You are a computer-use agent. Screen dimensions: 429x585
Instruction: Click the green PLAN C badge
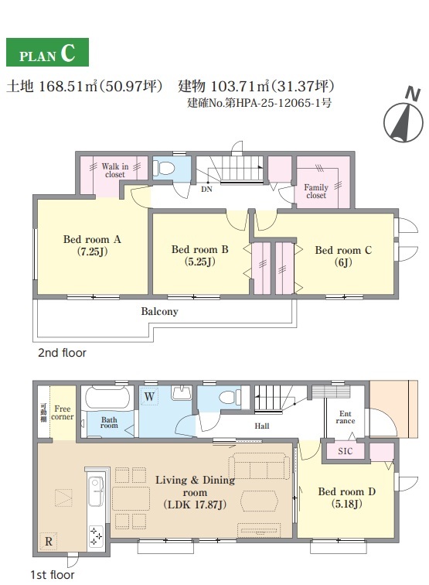pos(47,53)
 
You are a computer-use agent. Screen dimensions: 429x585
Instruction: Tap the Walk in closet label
pos(115,170)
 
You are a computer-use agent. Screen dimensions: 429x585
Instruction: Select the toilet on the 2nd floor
pos(164,167)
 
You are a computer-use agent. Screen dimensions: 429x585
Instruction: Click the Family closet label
pos(316,191)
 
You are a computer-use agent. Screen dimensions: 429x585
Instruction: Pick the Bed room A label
pos(92,245)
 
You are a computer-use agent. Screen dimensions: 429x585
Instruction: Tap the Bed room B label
pos(199,255)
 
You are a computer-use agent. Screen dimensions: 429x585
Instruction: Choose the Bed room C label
pos(343,256)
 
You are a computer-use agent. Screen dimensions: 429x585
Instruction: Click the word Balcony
pos(159,312)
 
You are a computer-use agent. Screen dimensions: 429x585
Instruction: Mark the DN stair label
pos(206,189)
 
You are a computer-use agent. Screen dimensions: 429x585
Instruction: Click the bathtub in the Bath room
pos(105,398)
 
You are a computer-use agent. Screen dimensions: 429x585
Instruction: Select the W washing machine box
pos(149,396)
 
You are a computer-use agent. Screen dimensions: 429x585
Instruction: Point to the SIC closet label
pos(346,451)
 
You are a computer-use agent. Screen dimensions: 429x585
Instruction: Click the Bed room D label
pos(346,498)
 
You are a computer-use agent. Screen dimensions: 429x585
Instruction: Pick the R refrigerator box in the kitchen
pos(49,541)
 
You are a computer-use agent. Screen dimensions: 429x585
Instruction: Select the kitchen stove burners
pos(96,536)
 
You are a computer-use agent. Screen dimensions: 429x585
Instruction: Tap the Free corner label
pos(63,412)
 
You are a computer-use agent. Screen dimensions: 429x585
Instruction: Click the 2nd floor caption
pos(63,353)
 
